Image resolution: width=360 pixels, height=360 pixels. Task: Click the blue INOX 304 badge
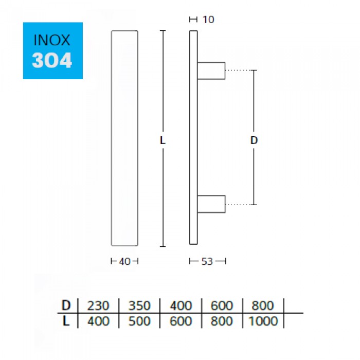point(53,51)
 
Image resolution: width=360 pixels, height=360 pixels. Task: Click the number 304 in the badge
point(52,60)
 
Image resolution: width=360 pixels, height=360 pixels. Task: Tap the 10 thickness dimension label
point(208,20)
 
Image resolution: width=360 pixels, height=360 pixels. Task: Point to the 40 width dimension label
point(124,261)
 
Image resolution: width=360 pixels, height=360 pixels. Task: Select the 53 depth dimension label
point(207,261)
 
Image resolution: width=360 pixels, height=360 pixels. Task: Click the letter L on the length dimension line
point(163,140)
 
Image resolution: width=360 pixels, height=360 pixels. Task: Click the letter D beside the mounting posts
point(254,140)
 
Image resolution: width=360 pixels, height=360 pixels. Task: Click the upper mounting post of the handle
point(211,71)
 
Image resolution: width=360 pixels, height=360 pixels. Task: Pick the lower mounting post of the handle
point(211,204)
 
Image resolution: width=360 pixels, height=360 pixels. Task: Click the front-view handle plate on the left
point(124,138)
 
